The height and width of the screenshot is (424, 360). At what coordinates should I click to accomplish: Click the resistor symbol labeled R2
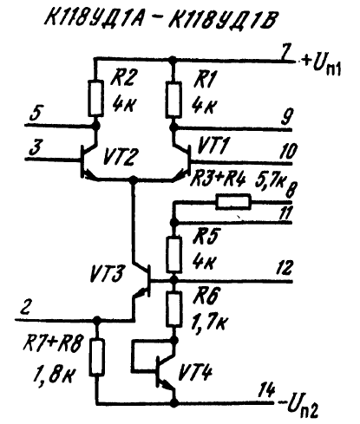click(95, 98)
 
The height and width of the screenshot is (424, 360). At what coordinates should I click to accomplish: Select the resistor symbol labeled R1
click(173, 100)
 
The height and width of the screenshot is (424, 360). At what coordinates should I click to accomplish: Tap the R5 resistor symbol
click(174, 255)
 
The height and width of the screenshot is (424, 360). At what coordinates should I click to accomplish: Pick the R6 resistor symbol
click(174, 310)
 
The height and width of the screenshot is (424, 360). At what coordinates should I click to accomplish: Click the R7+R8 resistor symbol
click(96, 358)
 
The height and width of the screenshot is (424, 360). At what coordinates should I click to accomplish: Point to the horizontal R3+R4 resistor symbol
click(233, 202)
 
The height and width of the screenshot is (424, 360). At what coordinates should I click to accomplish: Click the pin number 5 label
click(36, 114)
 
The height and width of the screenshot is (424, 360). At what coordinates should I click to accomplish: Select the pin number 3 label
click(36, 147)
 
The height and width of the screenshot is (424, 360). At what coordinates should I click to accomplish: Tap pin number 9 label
click(287, 116)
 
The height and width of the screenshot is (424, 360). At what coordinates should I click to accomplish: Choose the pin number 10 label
click(288, 151)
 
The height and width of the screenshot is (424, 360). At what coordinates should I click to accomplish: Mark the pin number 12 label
click(285, 268)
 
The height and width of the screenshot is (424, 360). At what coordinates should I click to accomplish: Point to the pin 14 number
click(266, 391)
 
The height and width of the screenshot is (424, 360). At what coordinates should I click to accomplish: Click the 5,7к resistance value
click(269, 181)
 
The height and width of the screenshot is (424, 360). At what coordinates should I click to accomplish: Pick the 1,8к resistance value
click(56, 374)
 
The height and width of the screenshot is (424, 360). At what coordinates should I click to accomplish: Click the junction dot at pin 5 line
click(95, 126)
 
